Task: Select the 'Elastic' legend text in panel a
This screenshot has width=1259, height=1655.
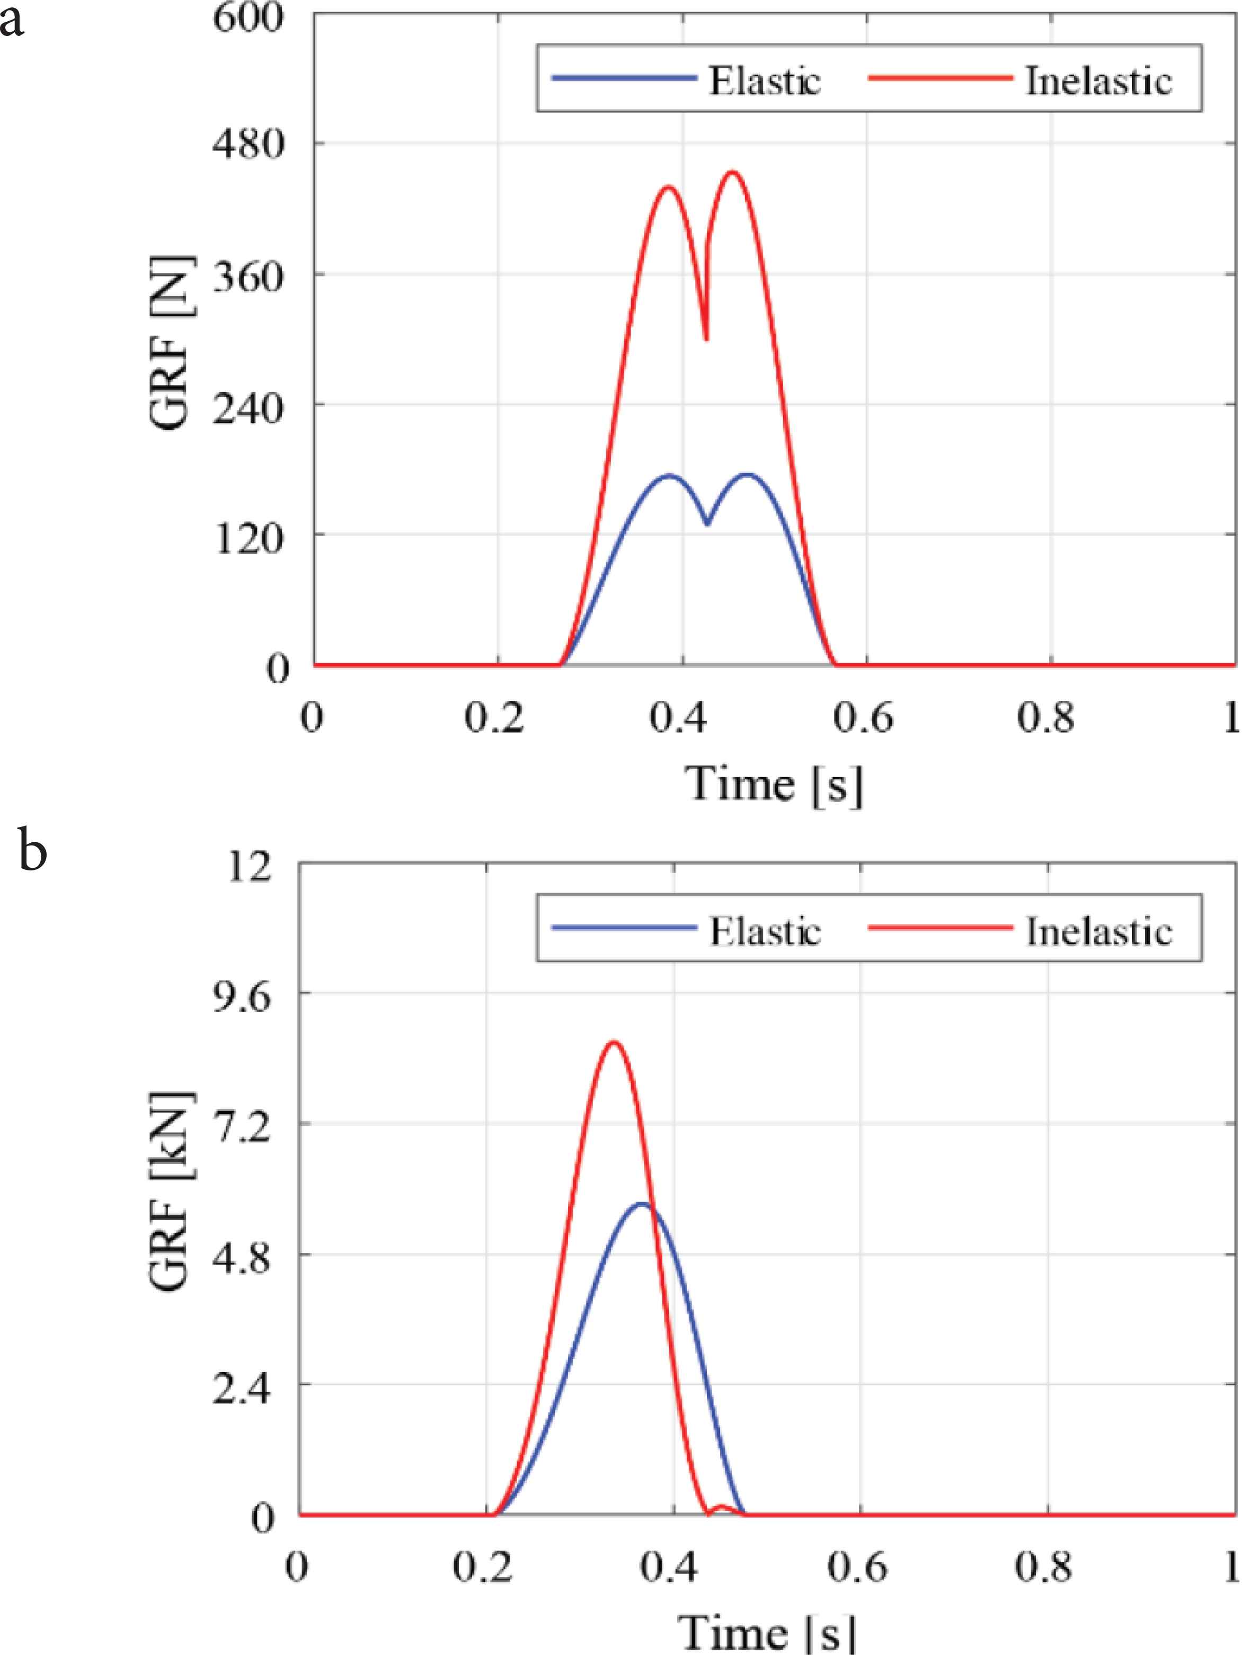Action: [765, 80]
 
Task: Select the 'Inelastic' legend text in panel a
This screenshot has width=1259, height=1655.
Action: [1098, 80]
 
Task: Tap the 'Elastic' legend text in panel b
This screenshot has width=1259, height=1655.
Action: [765, 931]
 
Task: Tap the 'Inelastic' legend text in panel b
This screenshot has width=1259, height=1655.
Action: [1098, 931]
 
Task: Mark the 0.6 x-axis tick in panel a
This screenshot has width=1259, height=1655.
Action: [866, 718]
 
